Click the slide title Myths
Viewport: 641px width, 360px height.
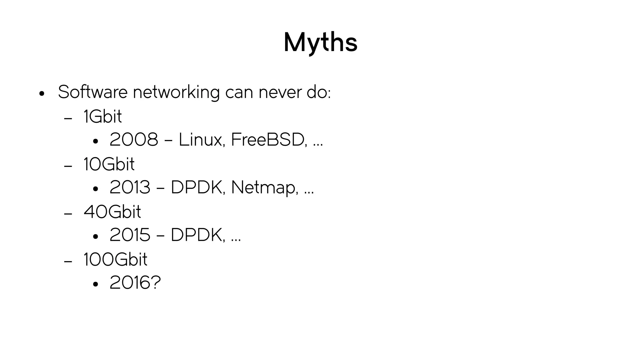click(x=320, y=43)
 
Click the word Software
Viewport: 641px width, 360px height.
click(x=93, y=92)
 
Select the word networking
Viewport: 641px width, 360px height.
click(x=176, y=93)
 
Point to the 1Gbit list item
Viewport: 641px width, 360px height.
click(x=103, y=116)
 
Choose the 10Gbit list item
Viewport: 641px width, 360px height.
click(x=109, y=164)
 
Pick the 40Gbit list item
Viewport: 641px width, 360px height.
click(x=112, y=212)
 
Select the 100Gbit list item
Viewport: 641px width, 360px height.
click(x=115, y=260)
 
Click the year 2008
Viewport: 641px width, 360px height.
click(x=134, y=140)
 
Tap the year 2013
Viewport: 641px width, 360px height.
click(x=130, y=187)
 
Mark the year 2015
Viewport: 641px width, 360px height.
click(x=130, y=235)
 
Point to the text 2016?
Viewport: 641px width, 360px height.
click(x=135, y=283)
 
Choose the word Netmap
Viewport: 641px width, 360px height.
click(x=264, y=188)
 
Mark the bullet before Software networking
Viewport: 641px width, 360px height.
click(x=42, y=94)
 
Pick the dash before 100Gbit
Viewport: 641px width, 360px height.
click(x=68, y=261)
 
